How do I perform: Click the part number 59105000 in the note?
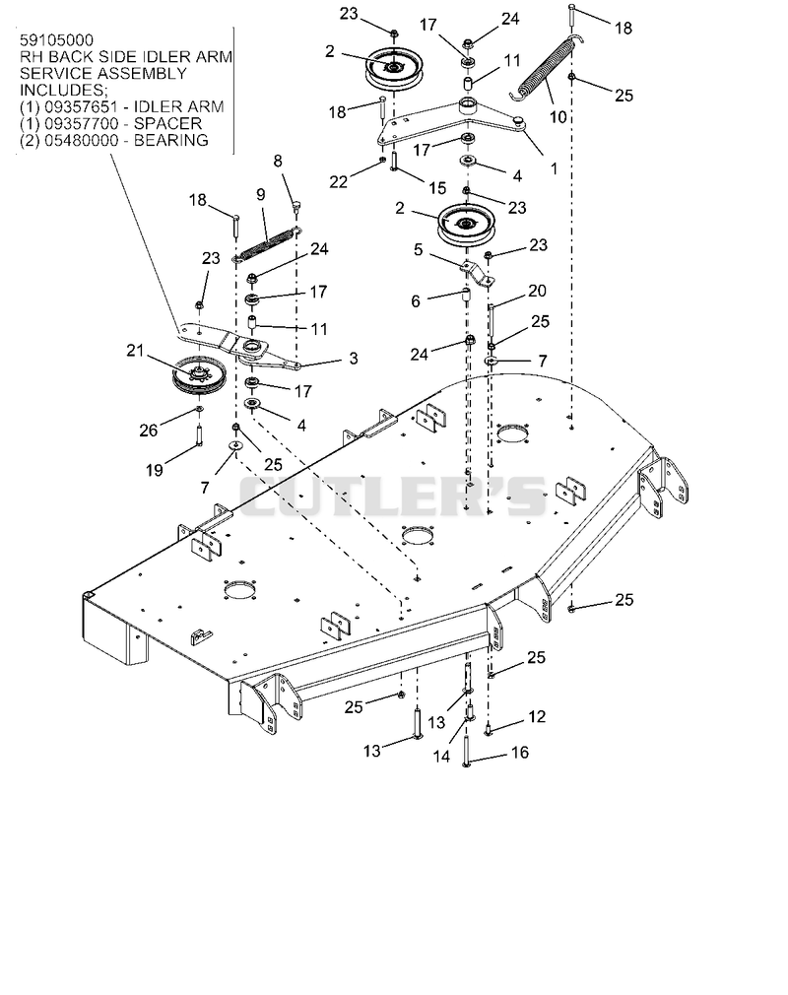[x=56, y=40]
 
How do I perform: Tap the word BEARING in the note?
[x=171, y=140]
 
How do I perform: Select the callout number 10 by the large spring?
[x=558, y=117]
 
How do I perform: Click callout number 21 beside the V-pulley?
[x=135, y=351]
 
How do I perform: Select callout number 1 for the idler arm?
[x=554, y=168]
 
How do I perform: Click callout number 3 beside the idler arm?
[x=354, y=359]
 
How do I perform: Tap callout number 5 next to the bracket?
[x=418, y=250]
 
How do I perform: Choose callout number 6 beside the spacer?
[x=416, y=300]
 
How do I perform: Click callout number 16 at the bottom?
[x=520, y=753]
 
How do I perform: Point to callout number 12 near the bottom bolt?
[x=537, y=716]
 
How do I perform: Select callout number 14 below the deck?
[x=441, y=757]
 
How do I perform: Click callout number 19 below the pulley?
[x=155, y=470]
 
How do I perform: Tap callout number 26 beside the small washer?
[x=148, y=431]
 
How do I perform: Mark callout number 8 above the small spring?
[x=278, y=162]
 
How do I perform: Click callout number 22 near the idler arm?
[x=338, y=182]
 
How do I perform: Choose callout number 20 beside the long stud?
[x=537, y=291]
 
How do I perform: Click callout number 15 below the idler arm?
[x=437, y=188]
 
